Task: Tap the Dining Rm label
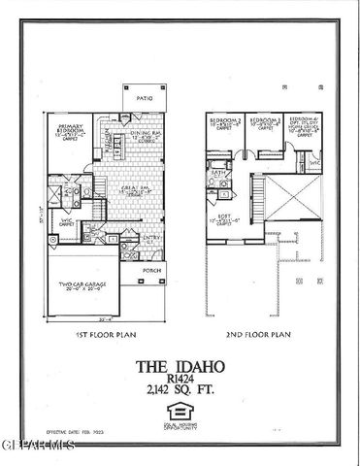(147, 140)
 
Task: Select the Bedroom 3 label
(264, 127)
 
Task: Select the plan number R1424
(179, 383)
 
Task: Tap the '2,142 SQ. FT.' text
(179, 397)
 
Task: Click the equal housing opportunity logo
(179, 415)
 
